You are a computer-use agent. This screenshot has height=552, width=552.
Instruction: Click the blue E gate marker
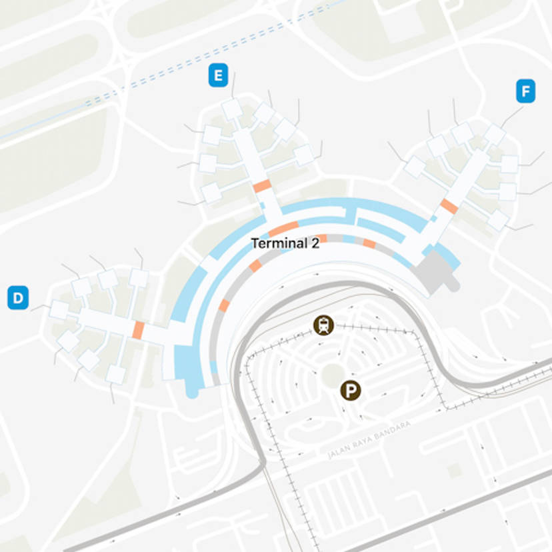pyautogui.click(x=217, y=75)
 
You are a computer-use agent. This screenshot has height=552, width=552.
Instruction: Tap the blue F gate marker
pyautogui.click(x=526, y=91)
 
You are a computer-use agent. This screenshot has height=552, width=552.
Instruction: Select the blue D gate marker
pyautogui.click(x=18, y=297)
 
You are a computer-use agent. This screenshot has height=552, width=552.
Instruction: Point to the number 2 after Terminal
pyautogui.click(x=315, y=244)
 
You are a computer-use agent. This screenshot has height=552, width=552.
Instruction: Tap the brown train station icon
pyautogui.click(x=324, y=325)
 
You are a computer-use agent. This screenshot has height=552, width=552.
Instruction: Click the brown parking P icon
pyautogui.click(x=350, y=391)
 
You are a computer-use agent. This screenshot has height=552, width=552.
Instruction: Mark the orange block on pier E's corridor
pyautogui.click(x=261, y=186)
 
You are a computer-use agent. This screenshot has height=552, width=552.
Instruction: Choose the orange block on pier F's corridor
pyautogui.click(x=449, y=206)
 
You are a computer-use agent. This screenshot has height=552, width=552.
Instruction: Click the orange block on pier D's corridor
pyautogui.click(x=139, y=330)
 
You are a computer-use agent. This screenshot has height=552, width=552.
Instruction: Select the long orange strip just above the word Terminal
pyautogui.click(x=283, y=229)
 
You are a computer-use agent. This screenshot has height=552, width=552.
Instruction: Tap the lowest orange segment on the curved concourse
pyautogui.click(x=224, y=305)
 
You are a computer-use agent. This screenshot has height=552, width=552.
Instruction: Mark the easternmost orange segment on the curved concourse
pyautogui.click(x=369, y=244)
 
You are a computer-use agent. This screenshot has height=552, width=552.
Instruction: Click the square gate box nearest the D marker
pyautogui.click(x=59, y=309)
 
